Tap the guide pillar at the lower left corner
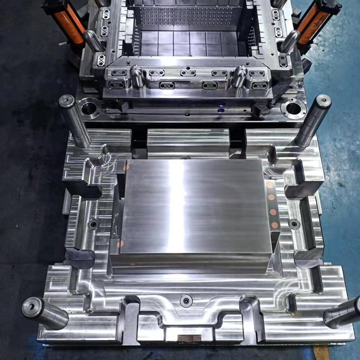coord(45,313)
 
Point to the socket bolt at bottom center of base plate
coord(186,300)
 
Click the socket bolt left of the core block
coord(94,224)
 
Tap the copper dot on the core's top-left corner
coord(127,167)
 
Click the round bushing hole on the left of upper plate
coord(90,108)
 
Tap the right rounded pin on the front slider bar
coord(239,75)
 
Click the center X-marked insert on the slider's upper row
coord(188,72)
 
